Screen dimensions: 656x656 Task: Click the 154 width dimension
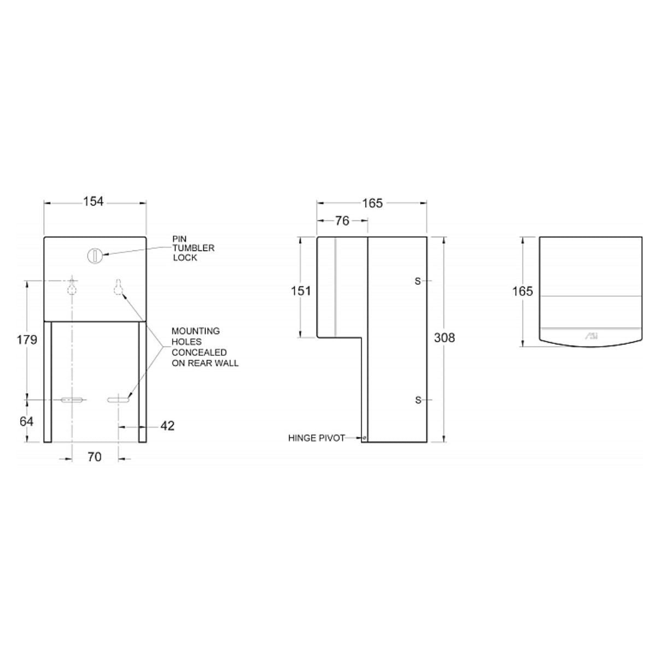(x=93, y=202)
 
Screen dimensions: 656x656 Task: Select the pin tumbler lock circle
(x=95, y=254)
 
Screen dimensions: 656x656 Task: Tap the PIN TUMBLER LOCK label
(x=193, y=248)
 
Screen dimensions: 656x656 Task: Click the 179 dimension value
(x=27, y=339)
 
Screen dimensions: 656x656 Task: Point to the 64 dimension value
(x=27, y=421)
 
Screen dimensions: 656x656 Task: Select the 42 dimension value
(x=167, y=425)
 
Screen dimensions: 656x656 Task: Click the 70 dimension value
(x=95, y=456)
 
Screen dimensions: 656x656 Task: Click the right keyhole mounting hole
(x=118, y=287)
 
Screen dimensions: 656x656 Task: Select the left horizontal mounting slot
(x=72, y=400)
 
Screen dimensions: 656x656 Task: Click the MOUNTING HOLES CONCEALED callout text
(x=204, y=347)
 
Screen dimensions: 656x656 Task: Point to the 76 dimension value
(x=342, y=221)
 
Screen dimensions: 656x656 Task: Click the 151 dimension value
(x=301, y=291)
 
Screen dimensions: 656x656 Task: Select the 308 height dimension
(x=444, y=338)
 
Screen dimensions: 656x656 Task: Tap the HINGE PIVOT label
(x=317, y=438)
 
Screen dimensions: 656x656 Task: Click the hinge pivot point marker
(x=364, y=437)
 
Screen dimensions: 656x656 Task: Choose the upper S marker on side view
(x=418, y=281)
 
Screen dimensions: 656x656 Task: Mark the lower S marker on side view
(x=418, y=400)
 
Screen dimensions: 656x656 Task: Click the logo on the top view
(x=592, y=337)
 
